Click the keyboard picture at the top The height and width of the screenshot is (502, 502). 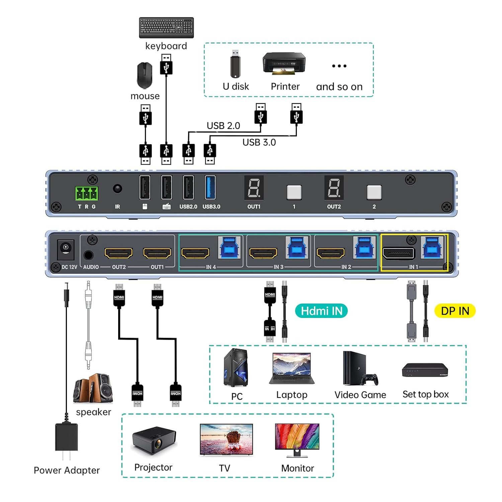click(x=166, y=27)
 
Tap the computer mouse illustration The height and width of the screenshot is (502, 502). click(x=145, y=76)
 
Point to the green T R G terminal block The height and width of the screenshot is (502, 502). click(x=87, y=193)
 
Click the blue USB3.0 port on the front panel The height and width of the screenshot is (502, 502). click(x=210, y=187)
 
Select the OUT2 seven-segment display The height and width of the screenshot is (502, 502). click(x=334, y=188)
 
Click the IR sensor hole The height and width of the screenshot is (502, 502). click(x=117, y=188)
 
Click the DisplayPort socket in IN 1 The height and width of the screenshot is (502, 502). click(x=399, y=253)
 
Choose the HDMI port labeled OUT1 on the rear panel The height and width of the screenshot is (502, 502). click(x=157, y=253)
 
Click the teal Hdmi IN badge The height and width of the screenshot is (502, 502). click(x=321, y=311)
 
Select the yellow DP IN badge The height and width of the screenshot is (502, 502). click(x=455, y=311)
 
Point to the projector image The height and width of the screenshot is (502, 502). click(x=154, y=440)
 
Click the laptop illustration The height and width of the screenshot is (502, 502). click(x=292, y=368)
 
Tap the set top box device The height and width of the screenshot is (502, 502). click(x=425, y=370)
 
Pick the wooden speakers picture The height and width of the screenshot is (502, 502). click(x=93, y=388)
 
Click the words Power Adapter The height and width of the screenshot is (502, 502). click(x=67, y=470)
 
